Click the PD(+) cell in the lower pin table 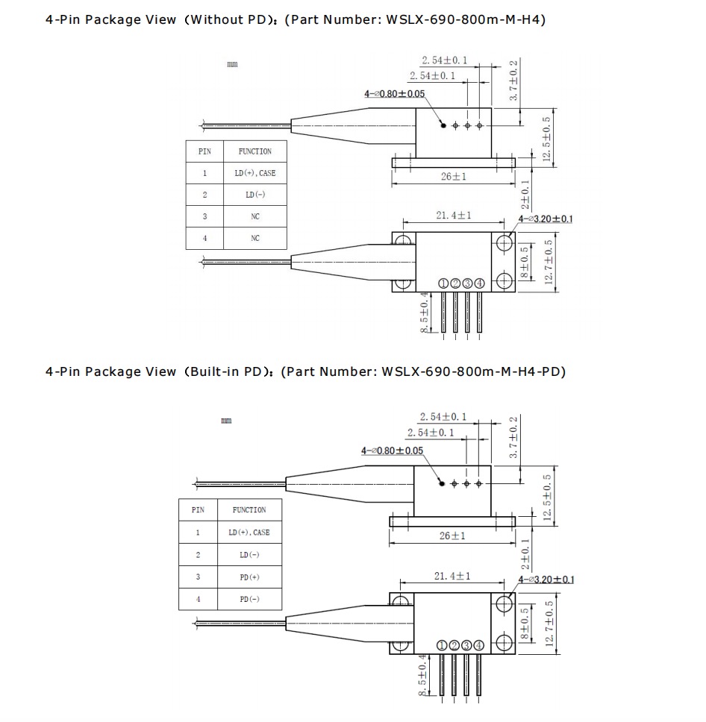[249, 577]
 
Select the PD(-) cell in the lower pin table [249, 599]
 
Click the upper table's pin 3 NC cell [255, 216]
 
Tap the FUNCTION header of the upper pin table [255, 151]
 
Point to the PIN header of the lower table [198, 510]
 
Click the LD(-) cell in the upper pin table [255, 195]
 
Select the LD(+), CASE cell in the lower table [249, 533]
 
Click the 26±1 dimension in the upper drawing [452, 177]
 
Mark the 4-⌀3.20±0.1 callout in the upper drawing [546, 219]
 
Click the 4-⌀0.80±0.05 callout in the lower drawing [393, 451]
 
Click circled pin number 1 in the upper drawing [443, 283]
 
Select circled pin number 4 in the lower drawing [478, 645]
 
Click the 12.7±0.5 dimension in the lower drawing [550, 624]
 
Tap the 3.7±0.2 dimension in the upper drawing [513, 81]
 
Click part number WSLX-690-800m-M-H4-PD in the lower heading [473, 371]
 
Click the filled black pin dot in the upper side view [443, 125]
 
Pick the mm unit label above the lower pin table [226, 421]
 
